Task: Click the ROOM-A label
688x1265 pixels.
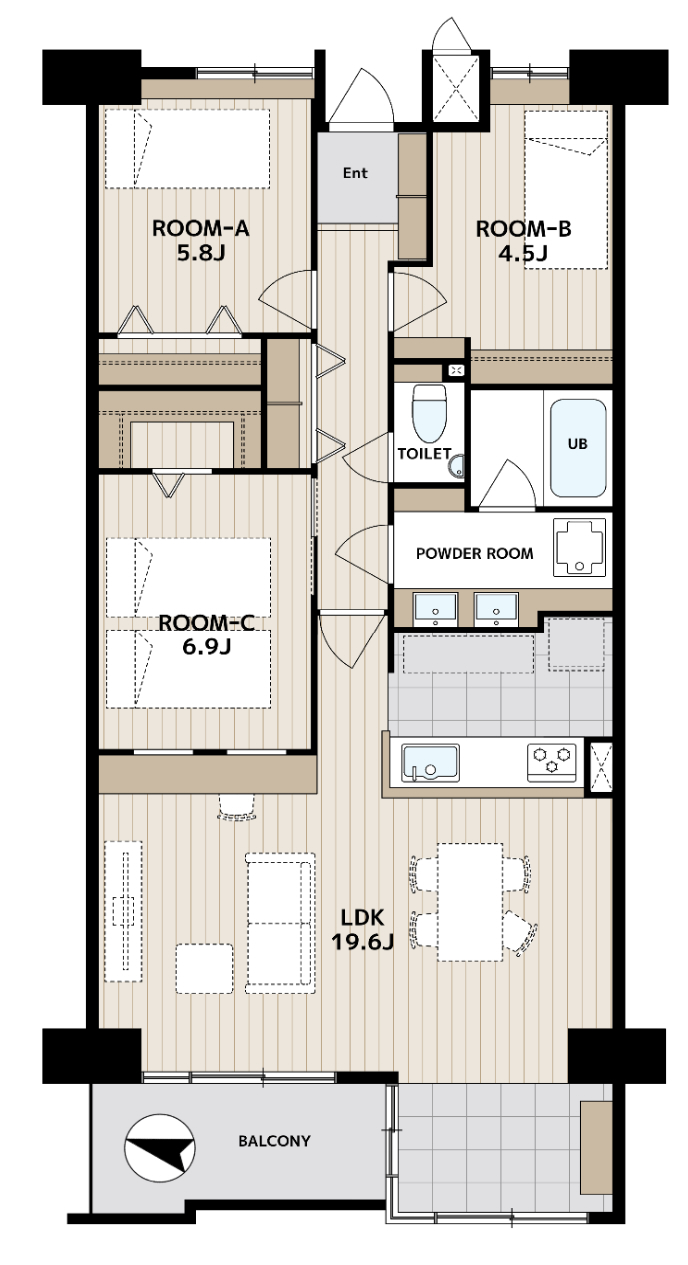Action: tap(201, 228)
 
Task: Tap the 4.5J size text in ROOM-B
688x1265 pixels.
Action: tap(522, 253)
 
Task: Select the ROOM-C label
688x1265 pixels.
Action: tap(206, 622)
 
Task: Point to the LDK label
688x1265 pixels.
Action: tap(362, 917)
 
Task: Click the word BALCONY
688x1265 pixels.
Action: tap(274, 1141)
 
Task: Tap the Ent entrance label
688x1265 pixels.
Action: tap(355, 173)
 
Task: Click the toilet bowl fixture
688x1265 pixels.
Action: tap(429, 413)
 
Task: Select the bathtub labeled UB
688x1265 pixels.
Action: tap(578, 448)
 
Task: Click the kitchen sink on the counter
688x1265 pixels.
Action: tap(430, 763)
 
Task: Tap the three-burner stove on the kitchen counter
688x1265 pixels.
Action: tap(551, 763)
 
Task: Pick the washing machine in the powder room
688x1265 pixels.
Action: tap(579, 547)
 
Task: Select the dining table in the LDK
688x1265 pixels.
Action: tap(470, 902)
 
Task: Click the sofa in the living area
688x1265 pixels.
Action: tap(280, 923)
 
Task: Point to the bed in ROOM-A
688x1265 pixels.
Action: tap(187, 149)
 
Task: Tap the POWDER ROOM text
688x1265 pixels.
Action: tap(474, 553)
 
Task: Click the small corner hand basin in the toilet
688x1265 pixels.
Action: tap(456, 466)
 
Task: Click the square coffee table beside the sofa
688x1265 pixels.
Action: tap(204, 969)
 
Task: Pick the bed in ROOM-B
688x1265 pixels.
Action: tap(565, 189)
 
